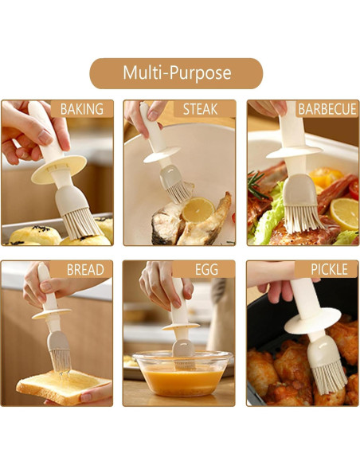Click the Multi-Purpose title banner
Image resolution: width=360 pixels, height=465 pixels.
point(176,73)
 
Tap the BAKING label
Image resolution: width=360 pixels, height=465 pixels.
point(82,109)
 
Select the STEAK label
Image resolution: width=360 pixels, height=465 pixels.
point(200,109)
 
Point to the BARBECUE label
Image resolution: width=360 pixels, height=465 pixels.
point(327,109)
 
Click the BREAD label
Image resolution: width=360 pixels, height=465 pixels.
point(85,270)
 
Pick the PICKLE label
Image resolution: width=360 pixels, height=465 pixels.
point(329,269)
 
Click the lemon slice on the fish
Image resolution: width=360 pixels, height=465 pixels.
point(198,209)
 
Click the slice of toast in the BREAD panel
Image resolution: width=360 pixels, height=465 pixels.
point(64,386)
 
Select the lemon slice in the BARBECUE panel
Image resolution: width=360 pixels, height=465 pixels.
point(345,213)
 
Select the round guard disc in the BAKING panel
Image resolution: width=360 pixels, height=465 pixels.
point(59,169)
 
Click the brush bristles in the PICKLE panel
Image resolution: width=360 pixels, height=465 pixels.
point(330,380)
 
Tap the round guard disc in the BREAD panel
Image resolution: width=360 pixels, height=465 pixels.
point(52,314)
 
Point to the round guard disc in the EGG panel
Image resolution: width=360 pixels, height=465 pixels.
point(181,326)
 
